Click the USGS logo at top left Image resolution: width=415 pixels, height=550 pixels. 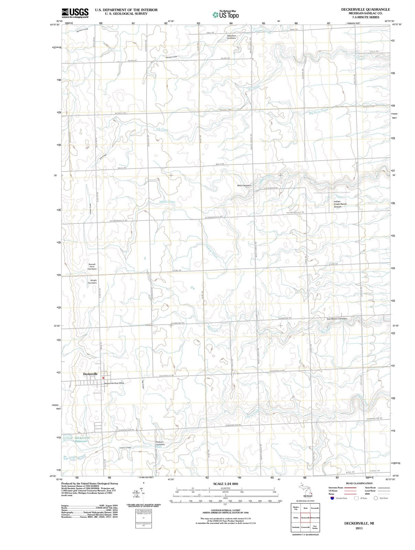tap(75, 13)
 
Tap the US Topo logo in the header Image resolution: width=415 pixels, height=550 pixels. tap(226, 15)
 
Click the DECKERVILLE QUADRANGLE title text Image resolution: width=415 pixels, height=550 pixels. tap(365, 10)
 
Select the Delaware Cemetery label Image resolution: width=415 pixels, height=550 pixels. tap(232, 37)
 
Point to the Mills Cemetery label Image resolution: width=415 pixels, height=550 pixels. tap(244, 186)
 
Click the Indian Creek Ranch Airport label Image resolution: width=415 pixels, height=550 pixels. tap(340, 204)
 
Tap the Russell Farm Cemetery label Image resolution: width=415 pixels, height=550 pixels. tap(92, 266)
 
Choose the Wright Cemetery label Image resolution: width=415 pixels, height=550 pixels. tap(92, 282)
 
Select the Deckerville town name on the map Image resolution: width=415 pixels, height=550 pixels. tap(91, 374)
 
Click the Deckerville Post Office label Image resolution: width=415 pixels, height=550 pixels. tap(114, 383)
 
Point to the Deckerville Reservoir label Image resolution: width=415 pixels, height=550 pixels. tap(82, 440)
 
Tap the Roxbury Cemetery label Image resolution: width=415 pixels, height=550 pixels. tap(160, 443)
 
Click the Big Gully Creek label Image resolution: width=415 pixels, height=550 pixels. tap(319, 111)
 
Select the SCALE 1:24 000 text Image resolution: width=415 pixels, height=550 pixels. tap(225, 484)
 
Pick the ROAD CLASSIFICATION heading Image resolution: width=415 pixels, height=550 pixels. tap(359, 483)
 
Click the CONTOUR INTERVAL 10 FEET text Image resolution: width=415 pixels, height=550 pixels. tap(225, 510)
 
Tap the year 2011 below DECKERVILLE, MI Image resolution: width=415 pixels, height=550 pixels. tap(359, 528)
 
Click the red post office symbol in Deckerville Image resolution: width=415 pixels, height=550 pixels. tap(103, 378)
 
